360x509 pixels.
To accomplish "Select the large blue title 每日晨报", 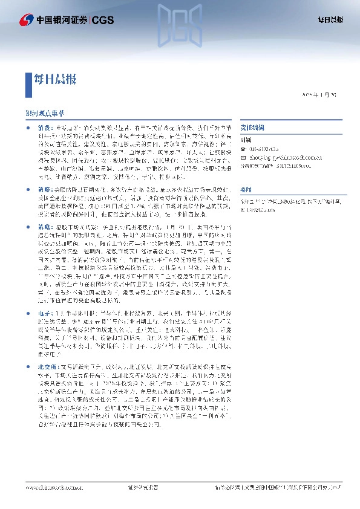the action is (x=54, y=79).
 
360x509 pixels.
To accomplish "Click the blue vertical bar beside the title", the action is (x=27, y=79).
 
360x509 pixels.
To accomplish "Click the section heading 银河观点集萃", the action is (x=44, y=113).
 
